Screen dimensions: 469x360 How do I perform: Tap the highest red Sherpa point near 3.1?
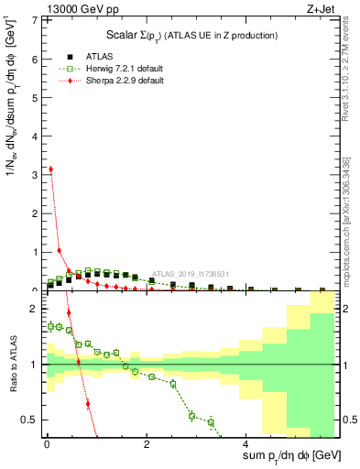tap(50, 169)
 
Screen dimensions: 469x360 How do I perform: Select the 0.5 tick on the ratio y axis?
tap(30, 420)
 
